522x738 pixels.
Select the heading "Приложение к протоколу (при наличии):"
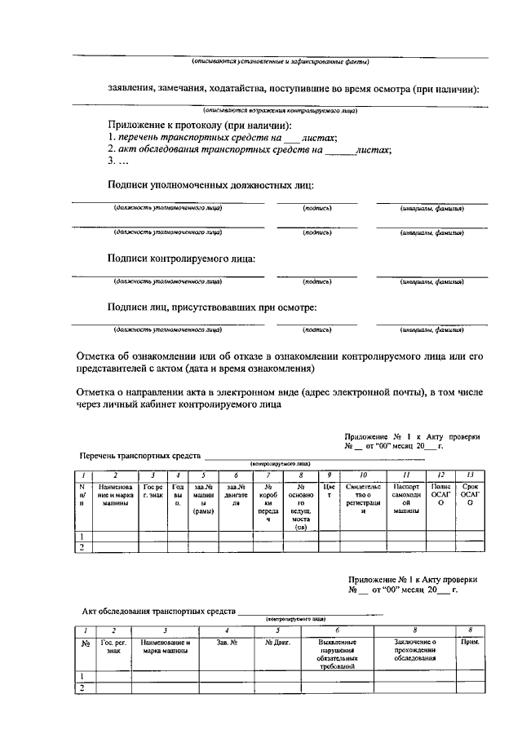[x=200, y=126]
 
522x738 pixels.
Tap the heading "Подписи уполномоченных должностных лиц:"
[x=211, y=185]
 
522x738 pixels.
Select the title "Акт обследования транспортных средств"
[x=158, y=610]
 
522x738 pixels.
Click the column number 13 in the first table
[x=470, y=474]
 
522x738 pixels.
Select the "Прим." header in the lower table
[x=470, y=643]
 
